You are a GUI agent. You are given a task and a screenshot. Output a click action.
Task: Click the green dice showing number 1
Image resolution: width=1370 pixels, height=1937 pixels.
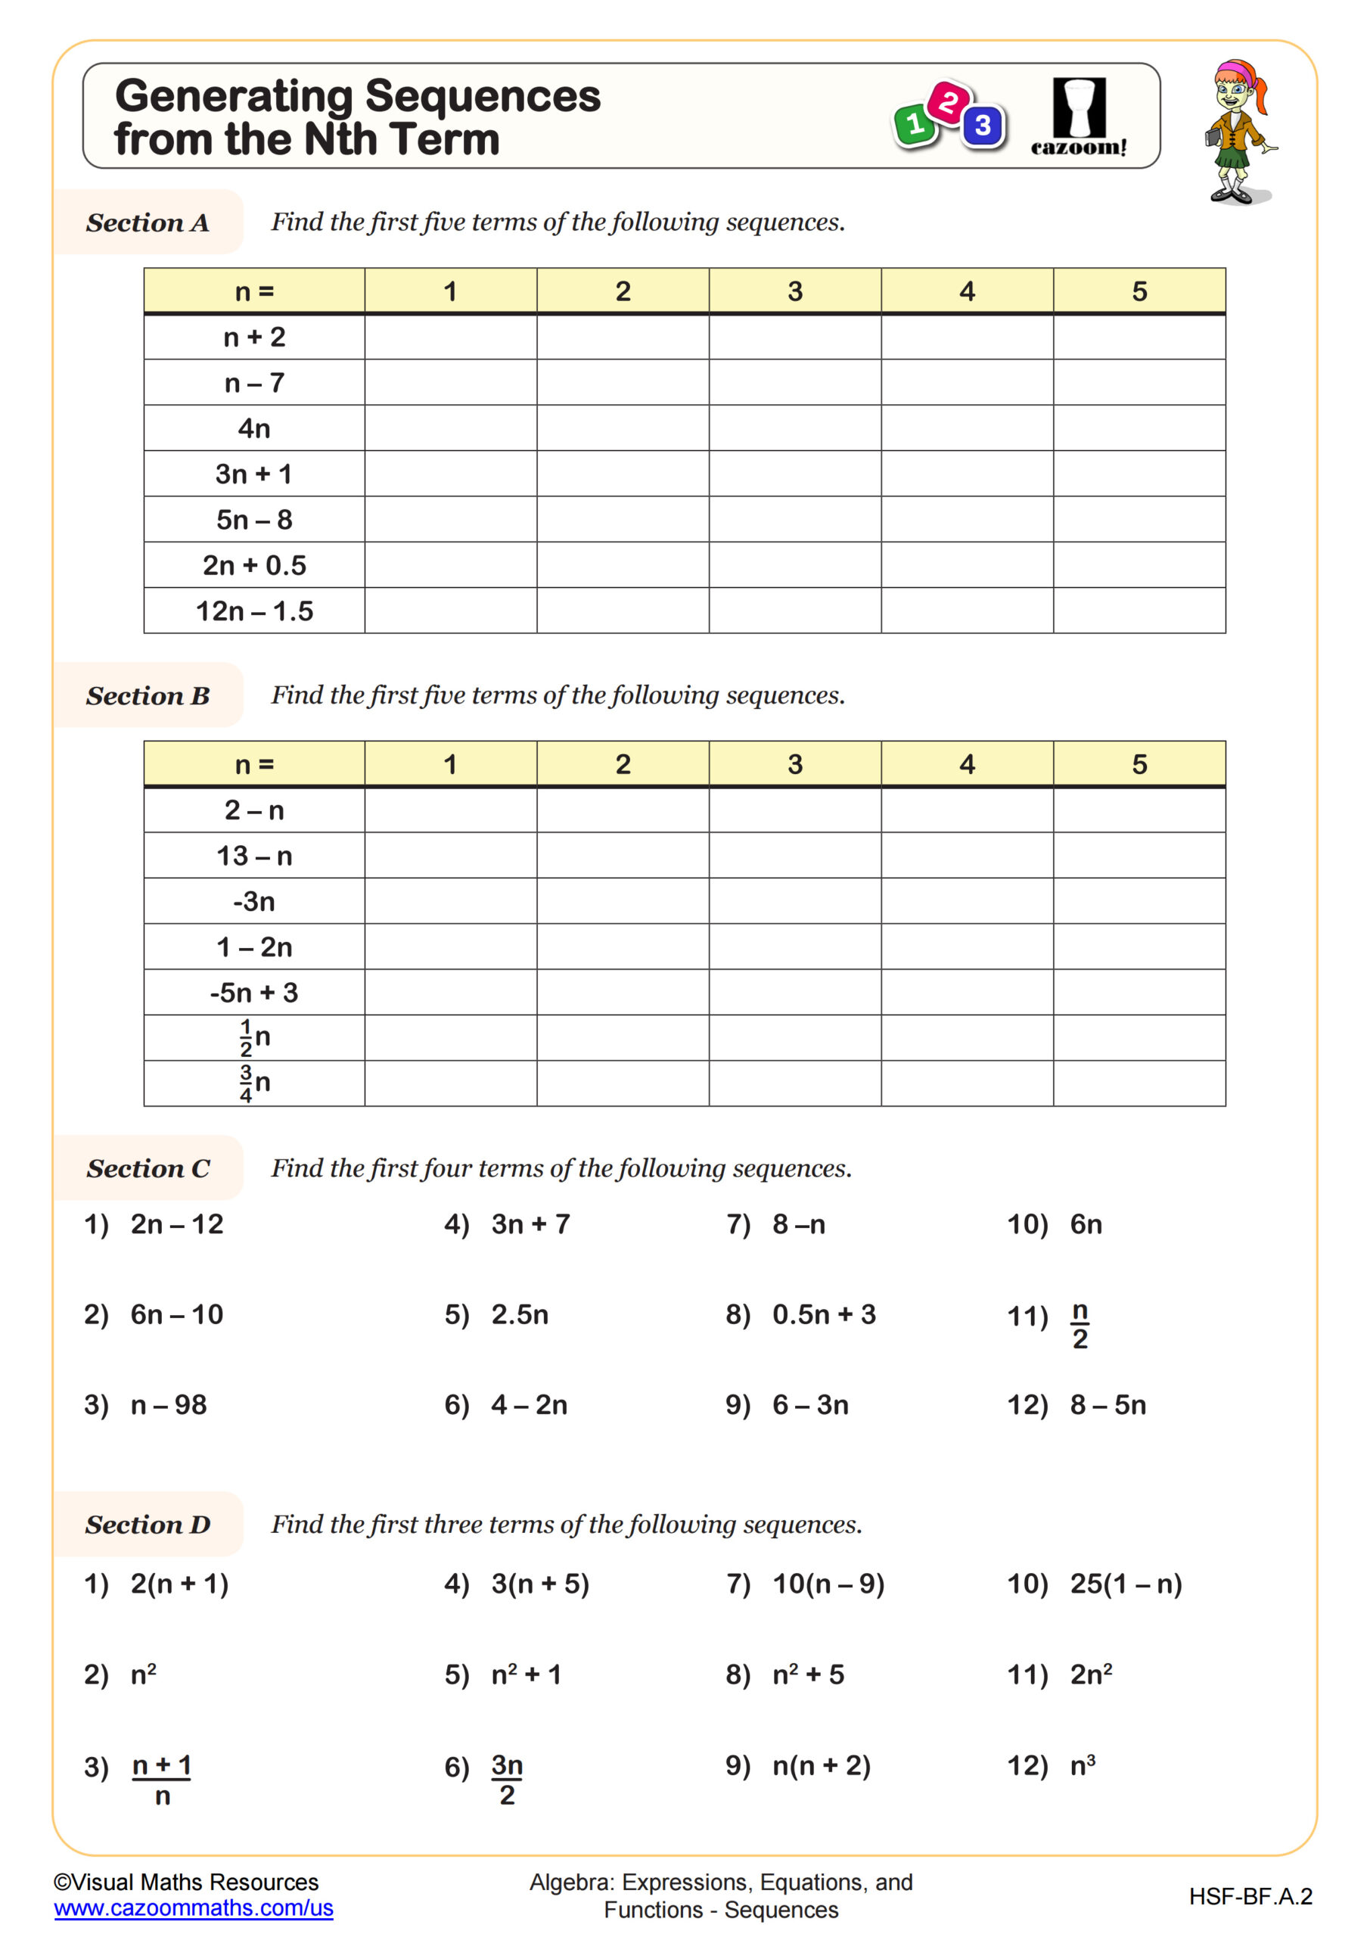913,126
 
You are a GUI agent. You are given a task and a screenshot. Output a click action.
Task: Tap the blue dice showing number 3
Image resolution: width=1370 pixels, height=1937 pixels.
983,126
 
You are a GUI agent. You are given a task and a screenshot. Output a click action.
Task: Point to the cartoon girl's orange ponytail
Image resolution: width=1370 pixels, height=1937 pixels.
1260,90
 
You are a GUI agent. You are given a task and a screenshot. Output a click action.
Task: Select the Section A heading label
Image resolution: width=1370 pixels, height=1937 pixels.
148,222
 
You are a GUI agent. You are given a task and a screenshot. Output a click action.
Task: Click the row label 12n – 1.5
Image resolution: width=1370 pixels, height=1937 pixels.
254,611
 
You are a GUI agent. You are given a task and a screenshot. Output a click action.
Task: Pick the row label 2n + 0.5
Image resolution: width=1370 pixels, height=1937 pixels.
254,565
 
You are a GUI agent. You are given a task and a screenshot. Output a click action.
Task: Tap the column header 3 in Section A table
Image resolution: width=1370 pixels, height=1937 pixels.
794,292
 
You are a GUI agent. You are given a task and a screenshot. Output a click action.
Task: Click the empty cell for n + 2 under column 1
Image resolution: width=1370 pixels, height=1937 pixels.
450,337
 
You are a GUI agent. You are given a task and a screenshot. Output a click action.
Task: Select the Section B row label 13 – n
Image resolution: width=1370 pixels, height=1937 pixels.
254,857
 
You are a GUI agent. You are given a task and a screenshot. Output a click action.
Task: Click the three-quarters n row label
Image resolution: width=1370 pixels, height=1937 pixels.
254,1084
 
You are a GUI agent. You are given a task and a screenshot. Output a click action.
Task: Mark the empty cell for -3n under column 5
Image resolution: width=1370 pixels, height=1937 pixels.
1139,901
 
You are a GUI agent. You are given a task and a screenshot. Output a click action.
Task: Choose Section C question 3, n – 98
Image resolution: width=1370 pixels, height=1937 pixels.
168,1404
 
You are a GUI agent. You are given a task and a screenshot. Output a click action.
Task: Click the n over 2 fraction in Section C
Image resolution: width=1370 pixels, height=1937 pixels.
1080,1326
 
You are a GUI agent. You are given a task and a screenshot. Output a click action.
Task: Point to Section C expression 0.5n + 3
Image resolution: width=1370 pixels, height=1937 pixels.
823,1314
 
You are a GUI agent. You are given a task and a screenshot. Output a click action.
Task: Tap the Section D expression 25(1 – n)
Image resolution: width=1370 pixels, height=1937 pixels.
1126,1584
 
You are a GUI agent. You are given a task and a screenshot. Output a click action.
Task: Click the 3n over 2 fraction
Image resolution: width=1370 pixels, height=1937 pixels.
507,1778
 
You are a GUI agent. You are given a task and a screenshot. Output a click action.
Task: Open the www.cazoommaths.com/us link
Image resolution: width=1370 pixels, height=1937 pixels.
193,1908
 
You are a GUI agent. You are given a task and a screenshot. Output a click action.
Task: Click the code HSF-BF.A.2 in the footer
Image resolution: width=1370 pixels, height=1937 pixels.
1250,1896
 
